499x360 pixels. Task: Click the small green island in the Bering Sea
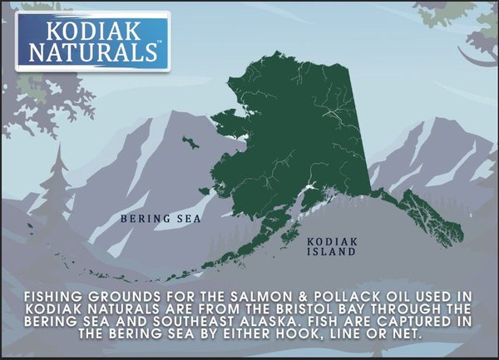pos(191,143)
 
